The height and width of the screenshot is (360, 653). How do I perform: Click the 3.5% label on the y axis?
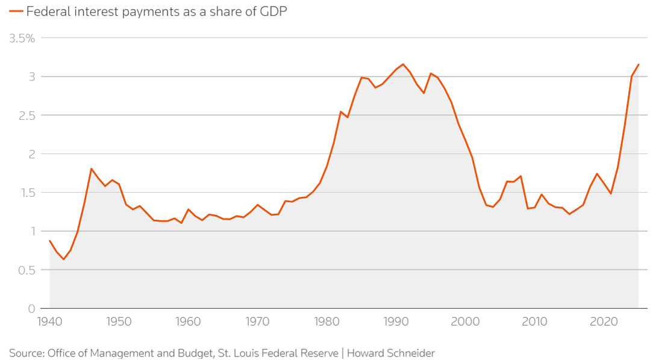click(x=22, y=39)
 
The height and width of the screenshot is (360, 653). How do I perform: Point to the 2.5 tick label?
click(x=27, y=116)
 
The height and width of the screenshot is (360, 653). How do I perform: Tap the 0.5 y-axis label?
click(x=27, y=270)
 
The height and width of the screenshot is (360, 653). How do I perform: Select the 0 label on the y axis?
click(x=32, y=309)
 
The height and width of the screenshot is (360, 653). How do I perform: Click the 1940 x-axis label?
click(x=49, y=321)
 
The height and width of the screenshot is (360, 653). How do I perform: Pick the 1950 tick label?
click(x=119, y=321)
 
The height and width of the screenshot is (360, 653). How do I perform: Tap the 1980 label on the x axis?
click(x=327, y=321)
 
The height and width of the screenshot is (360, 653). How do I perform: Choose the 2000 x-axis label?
click(x=466, y=321)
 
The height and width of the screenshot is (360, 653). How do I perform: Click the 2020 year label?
click(x=604, y=321)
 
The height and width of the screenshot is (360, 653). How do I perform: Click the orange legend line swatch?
click(x=16, y=11)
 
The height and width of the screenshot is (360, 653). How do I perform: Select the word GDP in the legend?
click(x=273, y=11)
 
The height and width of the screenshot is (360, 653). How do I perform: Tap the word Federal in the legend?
click(x=48, y=11)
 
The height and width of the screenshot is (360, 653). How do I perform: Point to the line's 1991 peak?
click(x=403, y=64)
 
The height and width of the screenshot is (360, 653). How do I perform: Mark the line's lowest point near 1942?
click(x=64, y=259)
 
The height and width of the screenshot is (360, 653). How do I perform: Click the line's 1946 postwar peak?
click(x=91, y=169)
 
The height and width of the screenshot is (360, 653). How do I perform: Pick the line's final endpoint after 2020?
click(x=639, y=64)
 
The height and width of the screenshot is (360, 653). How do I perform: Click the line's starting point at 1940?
click(x=49, y=241)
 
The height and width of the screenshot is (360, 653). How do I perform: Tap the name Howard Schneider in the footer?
click(x=391, y=353)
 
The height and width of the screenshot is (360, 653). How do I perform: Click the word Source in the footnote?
click(x=26, y=353)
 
